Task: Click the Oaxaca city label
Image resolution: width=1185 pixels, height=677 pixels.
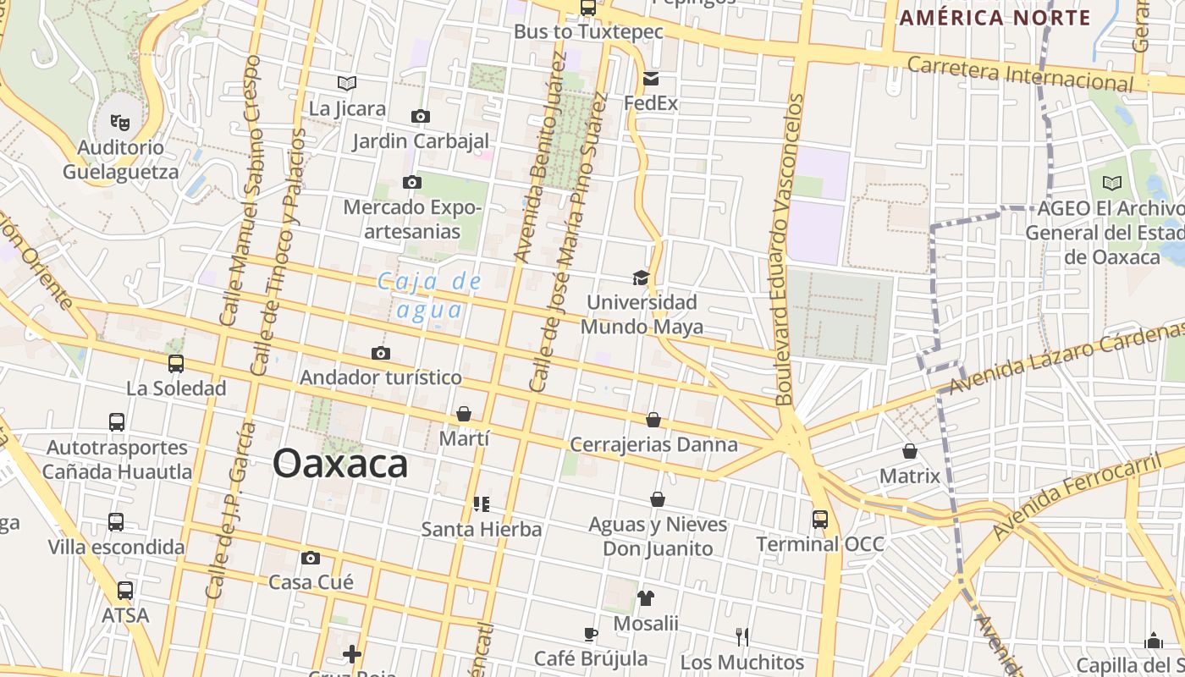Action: (x=340, y=464)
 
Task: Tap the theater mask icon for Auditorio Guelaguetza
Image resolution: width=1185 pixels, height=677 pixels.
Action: (x=120, y=123)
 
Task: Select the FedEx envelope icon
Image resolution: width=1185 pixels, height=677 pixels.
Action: (x=650, y=79)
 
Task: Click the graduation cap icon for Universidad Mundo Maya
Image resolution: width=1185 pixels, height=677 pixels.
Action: (x=641, y=278)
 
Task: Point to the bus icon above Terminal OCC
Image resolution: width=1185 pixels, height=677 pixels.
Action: (x=819, y=519)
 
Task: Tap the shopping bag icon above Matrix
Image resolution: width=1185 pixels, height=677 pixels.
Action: (x=910, y=451)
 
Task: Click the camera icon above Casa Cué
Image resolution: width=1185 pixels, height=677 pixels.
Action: (x=311, y=558)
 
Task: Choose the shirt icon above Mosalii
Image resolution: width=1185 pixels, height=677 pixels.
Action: (x=646, y=598)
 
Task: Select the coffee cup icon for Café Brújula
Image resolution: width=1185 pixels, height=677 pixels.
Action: (x=591, y=634)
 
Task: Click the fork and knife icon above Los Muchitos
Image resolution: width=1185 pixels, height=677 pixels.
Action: (x=742, y=636)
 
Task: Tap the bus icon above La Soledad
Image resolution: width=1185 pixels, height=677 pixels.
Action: (x=176, y=364)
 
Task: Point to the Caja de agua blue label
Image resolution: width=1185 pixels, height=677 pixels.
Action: (x=430, y=295)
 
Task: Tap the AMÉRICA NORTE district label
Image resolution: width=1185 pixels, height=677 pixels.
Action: (x=995, y=18)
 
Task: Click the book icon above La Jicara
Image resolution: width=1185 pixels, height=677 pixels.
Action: (x=347, y=83)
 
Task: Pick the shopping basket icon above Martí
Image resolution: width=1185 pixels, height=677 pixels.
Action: (x=464, y=414)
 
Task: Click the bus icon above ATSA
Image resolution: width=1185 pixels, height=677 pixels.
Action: (x=125, y=590)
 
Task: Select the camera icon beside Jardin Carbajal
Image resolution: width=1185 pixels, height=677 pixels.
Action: (x=420, y=116)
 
